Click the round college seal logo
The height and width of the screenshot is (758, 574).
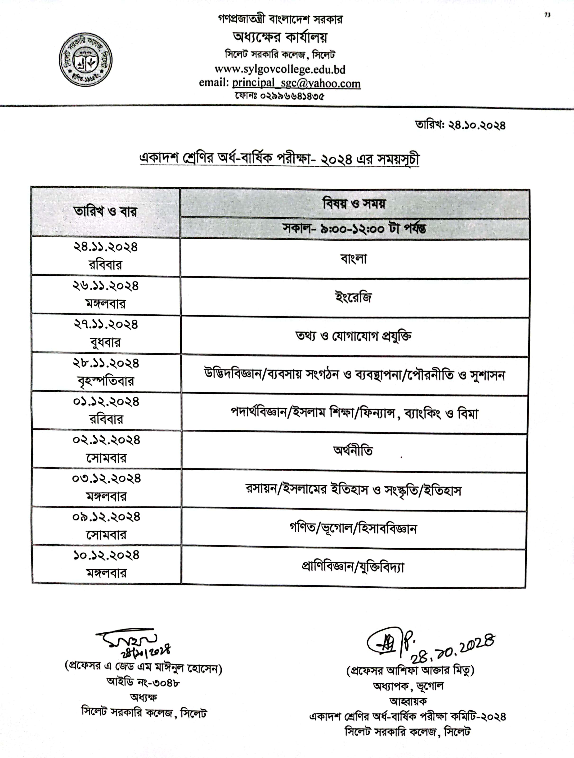86,60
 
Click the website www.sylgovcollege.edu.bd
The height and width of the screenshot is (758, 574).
280,69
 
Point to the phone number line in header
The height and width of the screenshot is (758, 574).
279,96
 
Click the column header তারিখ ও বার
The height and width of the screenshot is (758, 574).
105,212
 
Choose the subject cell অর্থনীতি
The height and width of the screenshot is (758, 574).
353,451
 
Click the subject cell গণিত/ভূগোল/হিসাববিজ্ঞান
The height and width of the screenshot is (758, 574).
353,529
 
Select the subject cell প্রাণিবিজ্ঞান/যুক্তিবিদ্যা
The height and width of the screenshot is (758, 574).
353,567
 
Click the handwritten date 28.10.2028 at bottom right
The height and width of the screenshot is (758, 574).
453,649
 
